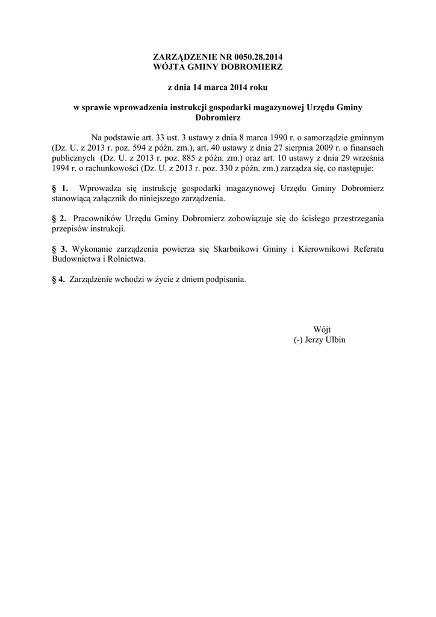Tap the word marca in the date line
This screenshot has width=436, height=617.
point(212,87)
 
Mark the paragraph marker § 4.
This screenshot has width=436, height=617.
point(58,280)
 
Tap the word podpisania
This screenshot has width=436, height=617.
point(225,280)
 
